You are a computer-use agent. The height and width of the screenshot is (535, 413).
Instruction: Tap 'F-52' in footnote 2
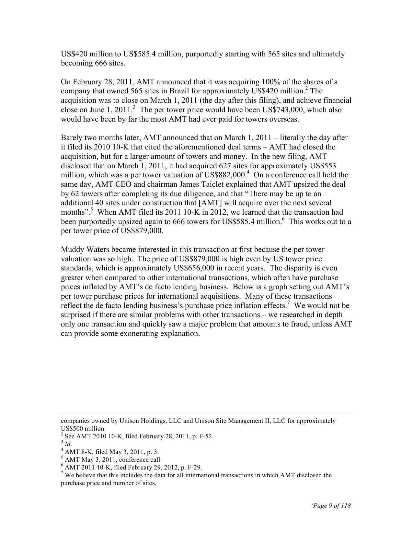coord(205,436)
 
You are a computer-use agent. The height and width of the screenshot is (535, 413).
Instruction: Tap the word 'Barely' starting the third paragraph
coord(71,138)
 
